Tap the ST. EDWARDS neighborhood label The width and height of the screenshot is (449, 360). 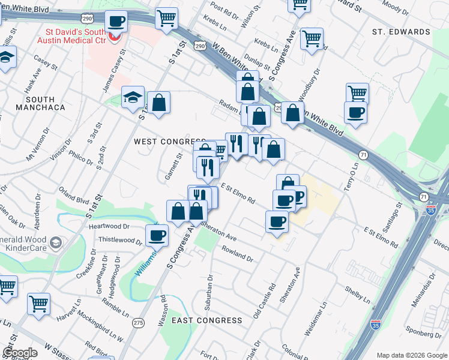401,31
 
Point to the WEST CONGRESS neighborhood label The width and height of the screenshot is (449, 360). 161,142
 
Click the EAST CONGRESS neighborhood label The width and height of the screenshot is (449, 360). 207,320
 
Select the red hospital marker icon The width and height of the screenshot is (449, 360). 115,38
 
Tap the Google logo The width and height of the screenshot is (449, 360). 20,353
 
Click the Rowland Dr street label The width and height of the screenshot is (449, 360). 237,253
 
